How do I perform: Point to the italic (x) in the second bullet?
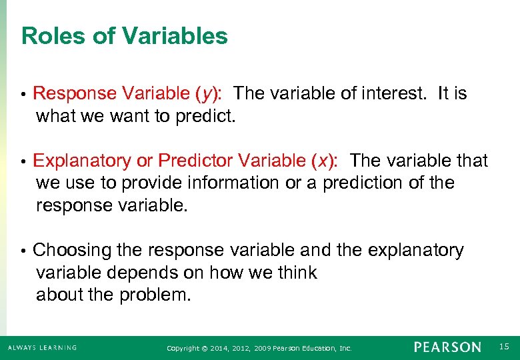pyautogui.click(x=325, y=161)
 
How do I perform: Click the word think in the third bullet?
pyautogui.click(x=294, y=273)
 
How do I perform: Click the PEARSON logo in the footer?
pyautogui.click(x=447, y=347)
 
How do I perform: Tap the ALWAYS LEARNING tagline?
pyautogui.click(x=42, y=347)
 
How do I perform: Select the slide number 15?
pyautogui.click(x=504, y=347)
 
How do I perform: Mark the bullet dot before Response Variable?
pyautogui.click(x=23, y=95)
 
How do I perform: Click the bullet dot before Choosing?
pyautogui.click(x=23, y=251)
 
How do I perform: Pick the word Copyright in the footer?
pyautogui.click(x=182, y=348)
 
